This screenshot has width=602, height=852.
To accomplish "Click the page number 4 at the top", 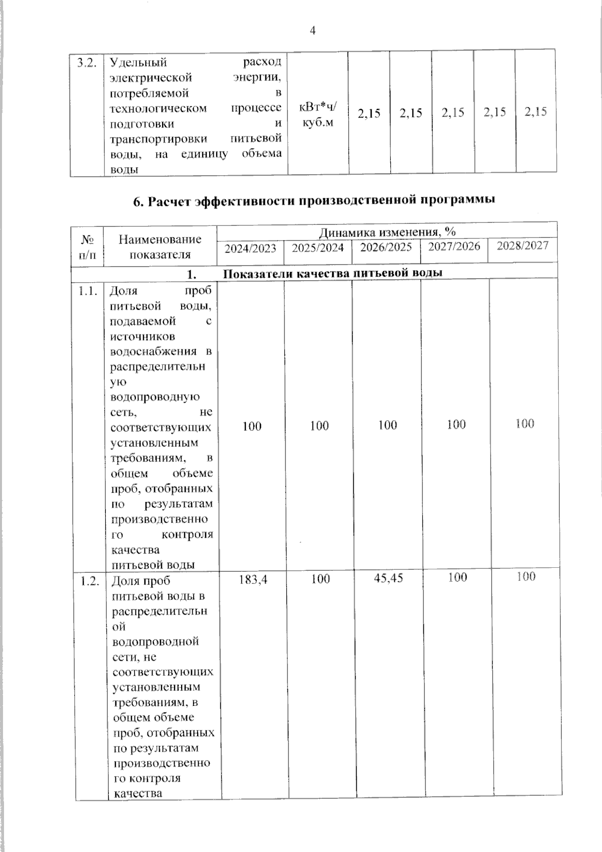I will click(x=313, y=31).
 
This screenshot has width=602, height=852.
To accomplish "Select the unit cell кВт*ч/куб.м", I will click(x=318, y=114).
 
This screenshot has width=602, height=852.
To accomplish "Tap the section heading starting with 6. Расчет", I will click(x=314, y=200).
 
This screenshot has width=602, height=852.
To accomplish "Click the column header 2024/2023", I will click(x=250, y=248).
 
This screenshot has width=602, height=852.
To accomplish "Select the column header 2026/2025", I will click(x=386, y=247).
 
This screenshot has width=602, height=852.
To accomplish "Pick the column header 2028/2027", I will click(x=522, y=246).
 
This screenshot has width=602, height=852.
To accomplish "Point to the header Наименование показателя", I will click(x=160, y=247).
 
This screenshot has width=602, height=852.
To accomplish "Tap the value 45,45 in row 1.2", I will click(x=388, y=578).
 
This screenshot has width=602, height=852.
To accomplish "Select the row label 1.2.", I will click(x=90, y=581).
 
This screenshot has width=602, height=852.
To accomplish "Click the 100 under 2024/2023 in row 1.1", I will click(x=252, y=426).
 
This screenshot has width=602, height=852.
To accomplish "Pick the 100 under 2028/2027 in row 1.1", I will click(x=524, y=424).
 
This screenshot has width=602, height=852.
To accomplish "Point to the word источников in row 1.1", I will click(x=142, y=336).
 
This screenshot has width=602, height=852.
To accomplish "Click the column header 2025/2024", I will click(x=318, y=248).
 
